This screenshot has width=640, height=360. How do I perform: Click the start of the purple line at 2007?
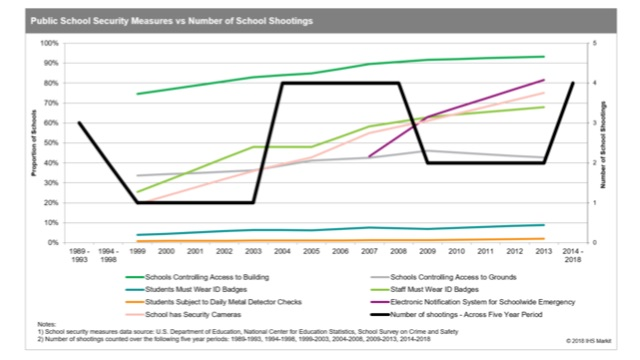pyautogui.click(x=369, y=157)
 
